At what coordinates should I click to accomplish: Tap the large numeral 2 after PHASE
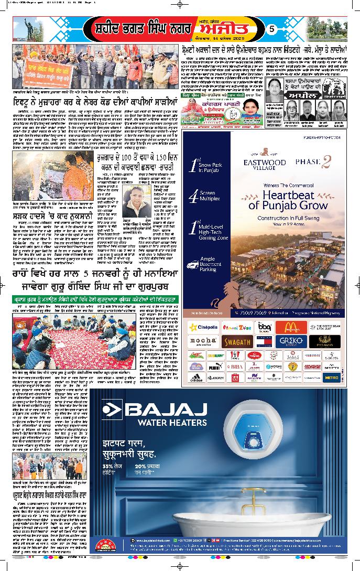pyautogui.click(x=325, y=163)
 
